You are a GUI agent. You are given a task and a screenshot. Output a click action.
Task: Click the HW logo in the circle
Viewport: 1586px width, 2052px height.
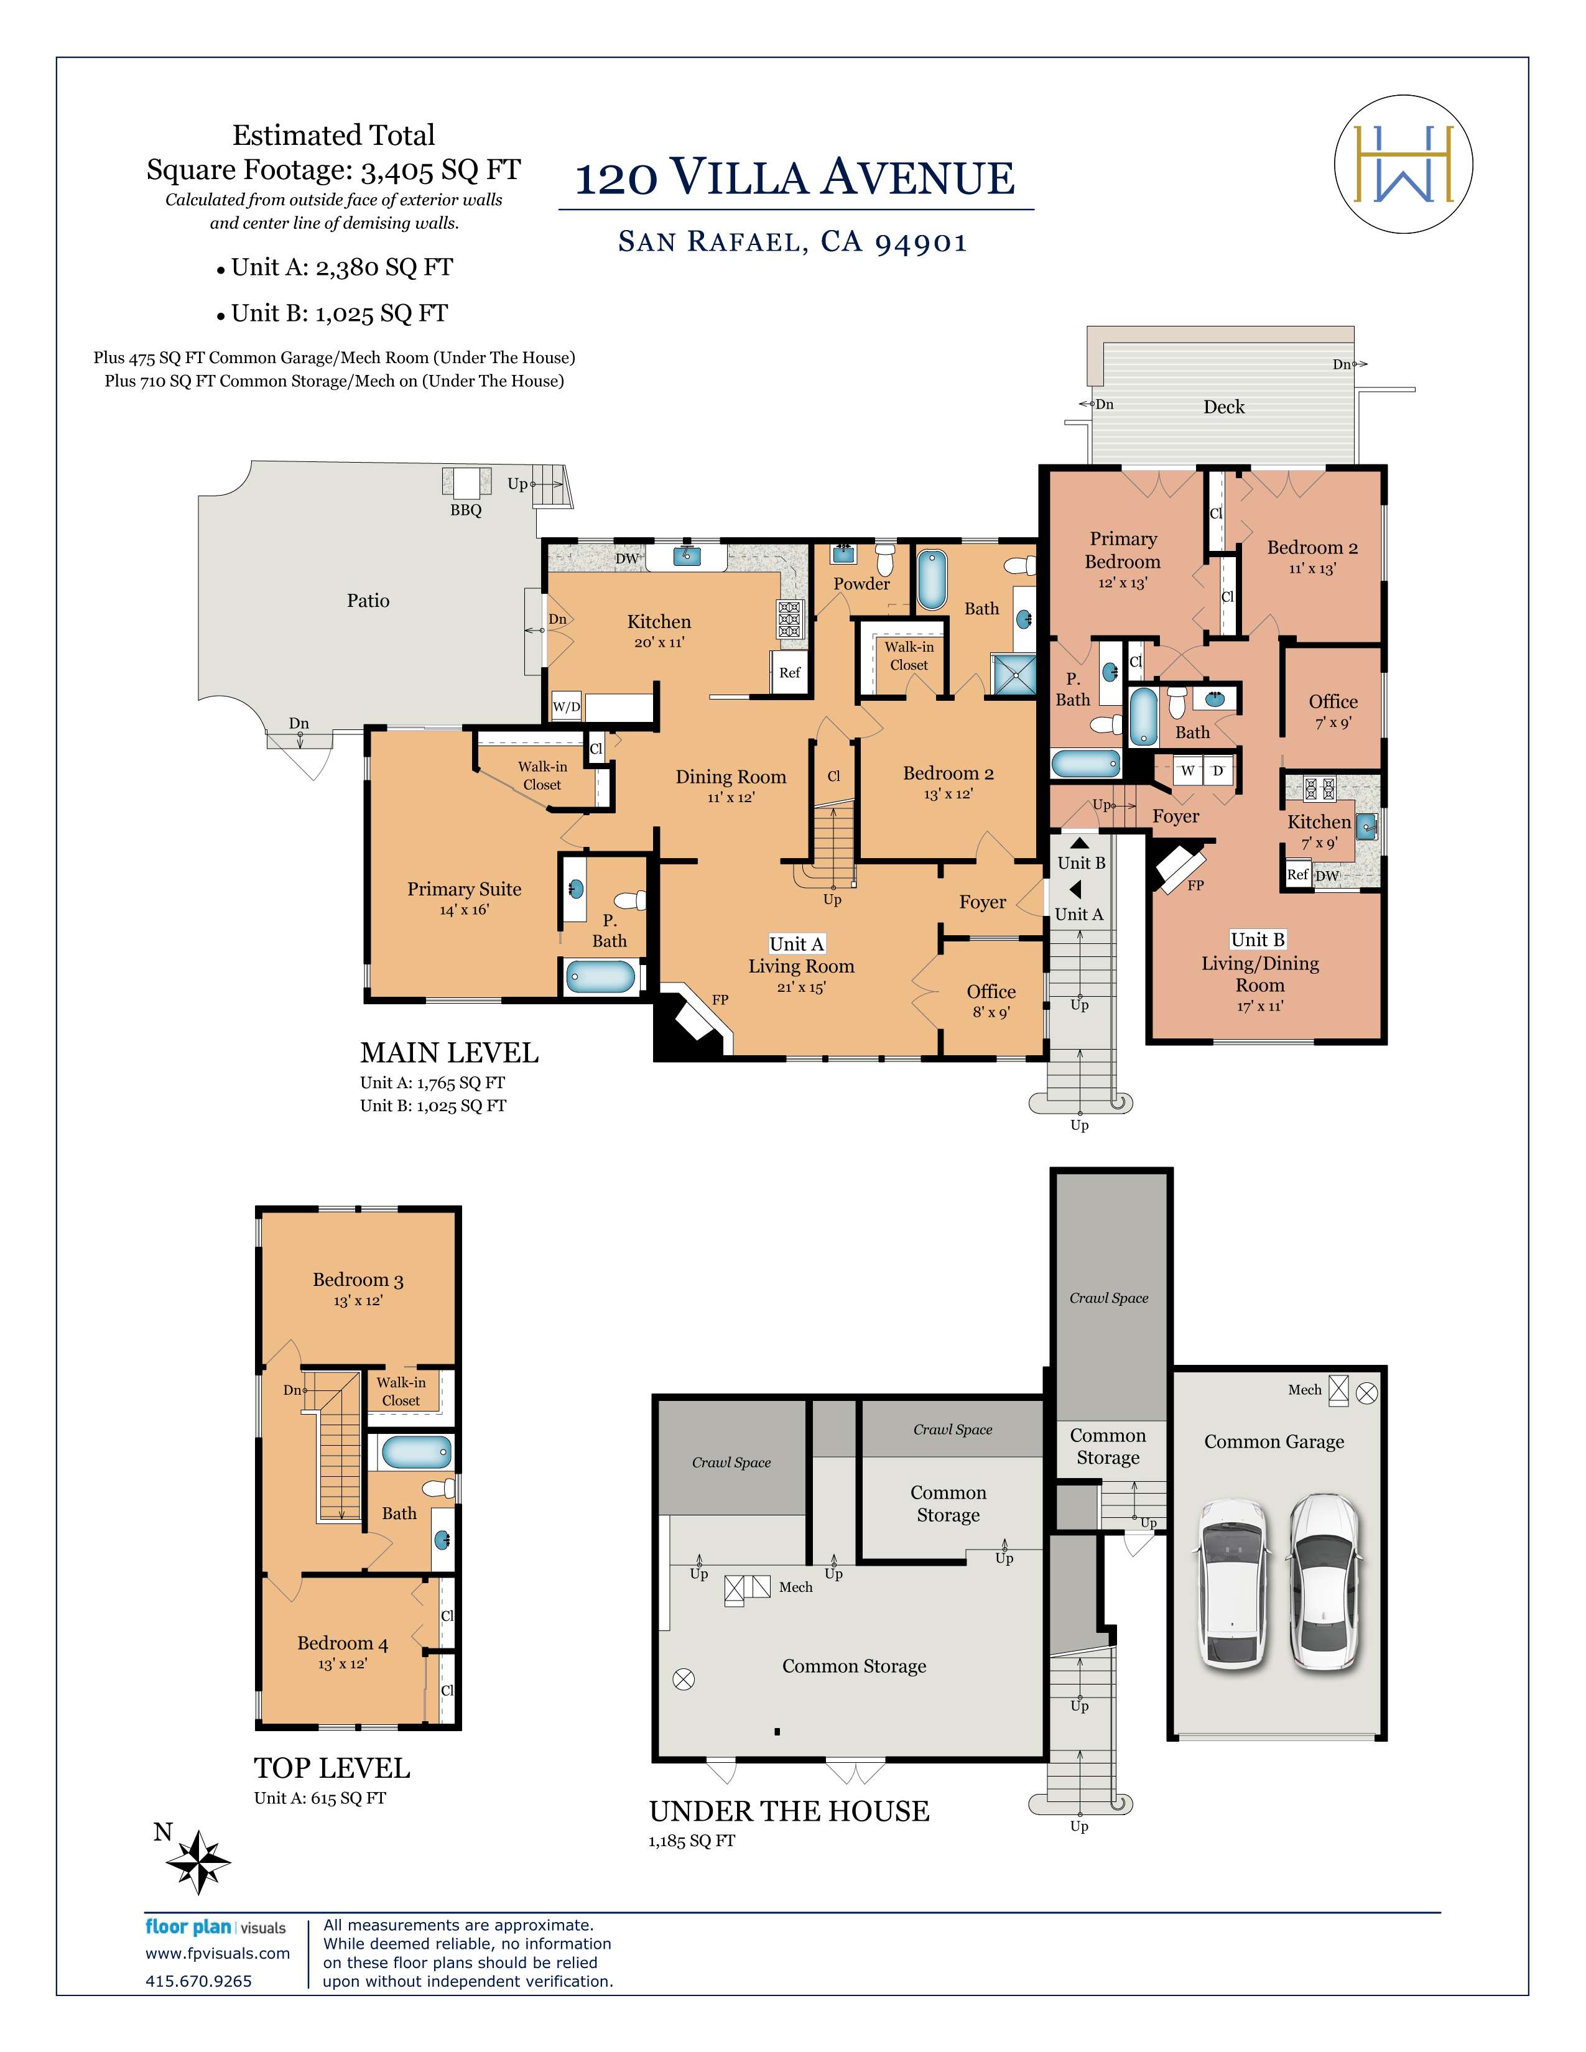coord(1403,164)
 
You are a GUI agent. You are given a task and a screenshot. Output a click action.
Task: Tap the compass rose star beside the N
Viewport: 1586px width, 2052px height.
coord(199,1861)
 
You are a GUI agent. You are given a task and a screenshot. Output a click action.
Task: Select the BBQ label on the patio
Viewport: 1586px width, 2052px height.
coord(465,510)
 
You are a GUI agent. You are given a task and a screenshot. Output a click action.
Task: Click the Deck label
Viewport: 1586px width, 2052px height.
coord(1223,407)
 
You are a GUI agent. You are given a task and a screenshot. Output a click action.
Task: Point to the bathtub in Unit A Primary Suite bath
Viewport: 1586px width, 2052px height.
coord(600,976)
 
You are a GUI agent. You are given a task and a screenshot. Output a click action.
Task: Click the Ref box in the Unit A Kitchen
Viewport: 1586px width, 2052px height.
coord(789,673)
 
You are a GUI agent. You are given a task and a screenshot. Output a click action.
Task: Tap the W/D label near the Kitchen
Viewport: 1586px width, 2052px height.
coord(565,706)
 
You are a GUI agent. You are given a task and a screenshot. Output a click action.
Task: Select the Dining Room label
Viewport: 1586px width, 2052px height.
coord(730,777)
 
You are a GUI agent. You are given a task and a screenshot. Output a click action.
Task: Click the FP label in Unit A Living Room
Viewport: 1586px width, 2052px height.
coord(720,1000)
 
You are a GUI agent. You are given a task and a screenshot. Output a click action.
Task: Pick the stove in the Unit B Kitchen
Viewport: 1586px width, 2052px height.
coord(1315,787)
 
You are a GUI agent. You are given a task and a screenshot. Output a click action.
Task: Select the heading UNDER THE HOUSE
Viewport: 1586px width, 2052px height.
coord(789,1811)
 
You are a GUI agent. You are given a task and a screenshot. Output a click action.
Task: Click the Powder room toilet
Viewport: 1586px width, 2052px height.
coord(883,560)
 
